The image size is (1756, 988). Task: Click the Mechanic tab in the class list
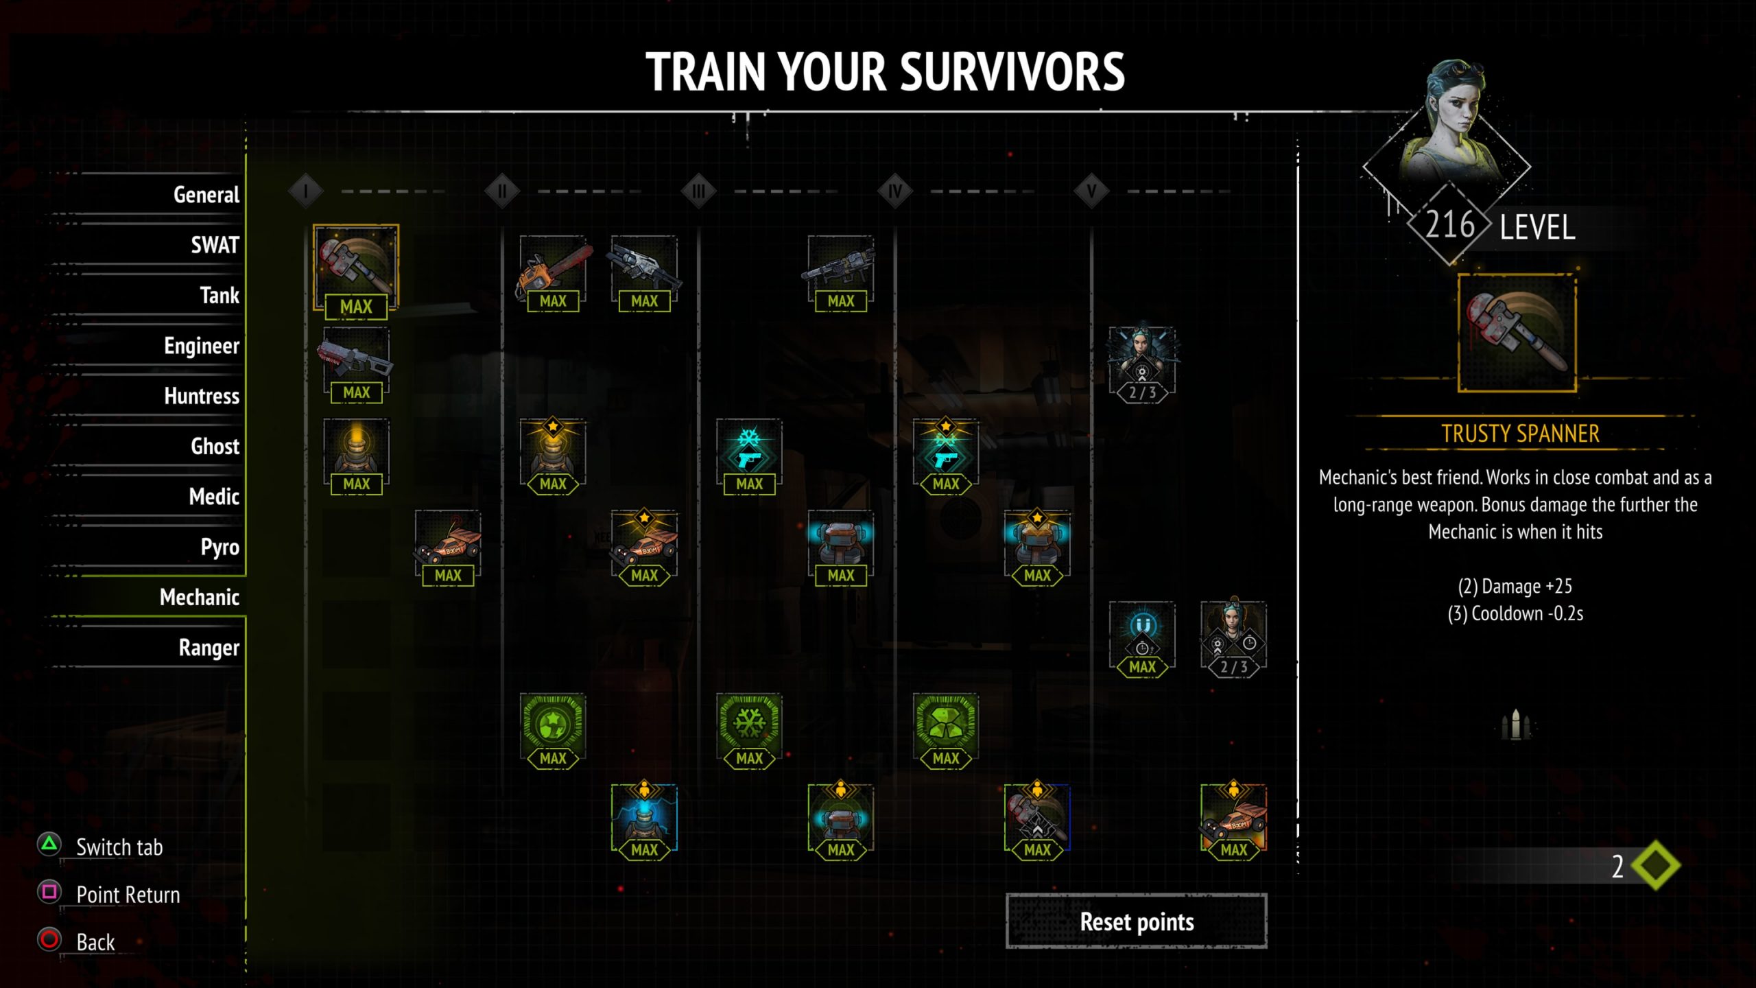tap(200, 597)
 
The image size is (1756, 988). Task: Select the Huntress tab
tap(202, 396)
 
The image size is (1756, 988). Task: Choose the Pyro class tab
tap(219, 548)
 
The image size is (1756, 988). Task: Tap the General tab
tap(206, 195)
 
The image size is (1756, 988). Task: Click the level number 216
tap(1449, 224)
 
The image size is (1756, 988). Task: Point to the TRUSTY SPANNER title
tap(1520, 434)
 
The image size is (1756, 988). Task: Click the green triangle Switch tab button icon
tap(49, 845)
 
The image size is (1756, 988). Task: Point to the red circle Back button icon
tap(49, 939)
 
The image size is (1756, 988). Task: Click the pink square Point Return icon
tap(49, 892)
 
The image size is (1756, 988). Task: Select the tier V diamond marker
tap(1091, 191)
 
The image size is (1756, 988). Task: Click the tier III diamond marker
tap(698, 191)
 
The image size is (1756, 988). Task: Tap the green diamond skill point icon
tap(1656, 865)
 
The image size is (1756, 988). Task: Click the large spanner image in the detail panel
tap(1517, 333)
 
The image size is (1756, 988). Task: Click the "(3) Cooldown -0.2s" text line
tap(1515, 613)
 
